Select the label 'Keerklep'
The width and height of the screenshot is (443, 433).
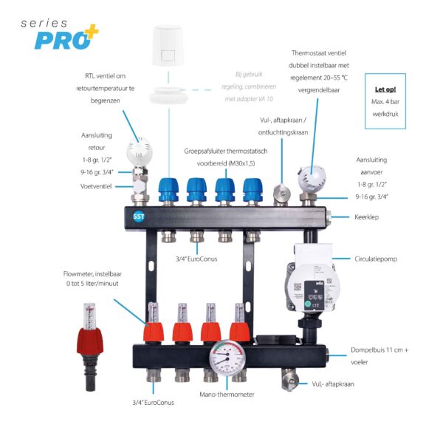[x=366, y=217]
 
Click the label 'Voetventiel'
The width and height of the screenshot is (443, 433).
[x=95, y=187]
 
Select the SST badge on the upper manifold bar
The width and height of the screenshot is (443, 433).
[x=139, y=218]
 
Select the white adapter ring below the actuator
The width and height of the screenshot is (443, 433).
[x=171, y=95]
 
